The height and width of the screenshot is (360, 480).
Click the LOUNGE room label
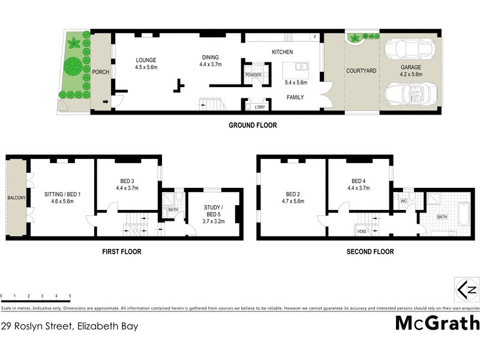tap(146, 60)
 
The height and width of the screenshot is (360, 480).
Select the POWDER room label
tap(253, 75)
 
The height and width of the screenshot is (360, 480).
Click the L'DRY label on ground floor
tap(260, 107)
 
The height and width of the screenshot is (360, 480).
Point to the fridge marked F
tap(314, 37)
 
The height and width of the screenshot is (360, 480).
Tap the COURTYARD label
tap(361, 71)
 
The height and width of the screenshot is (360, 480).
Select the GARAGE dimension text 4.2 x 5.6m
tap(412, 75)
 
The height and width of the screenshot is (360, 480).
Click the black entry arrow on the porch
tap(106, 102)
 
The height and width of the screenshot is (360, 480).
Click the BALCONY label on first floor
tap(15, 197)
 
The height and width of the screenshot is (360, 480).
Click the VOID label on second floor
tap(362, 230)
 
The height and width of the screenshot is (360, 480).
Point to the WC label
tap(404, 201)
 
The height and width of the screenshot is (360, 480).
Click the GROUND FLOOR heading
tap(253, 125)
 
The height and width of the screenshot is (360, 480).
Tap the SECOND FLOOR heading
tap(370, 252)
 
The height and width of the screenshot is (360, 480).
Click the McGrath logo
tap(437, 323)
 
